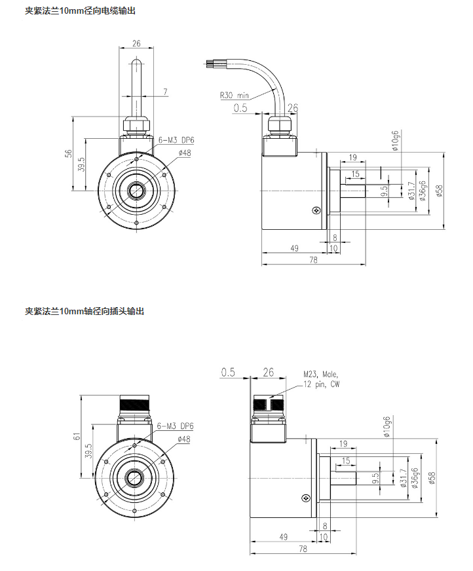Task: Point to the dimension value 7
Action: point(165,91)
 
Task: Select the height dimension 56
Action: point(68,154)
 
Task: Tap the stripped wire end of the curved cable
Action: point(211,64)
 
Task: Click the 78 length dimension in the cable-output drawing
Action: point(313,260)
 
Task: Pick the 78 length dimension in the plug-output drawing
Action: point(303,549)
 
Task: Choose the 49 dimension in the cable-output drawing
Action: point(294,248)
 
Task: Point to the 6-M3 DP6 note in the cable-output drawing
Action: point(175,139)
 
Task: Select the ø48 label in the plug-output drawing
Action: point(184,439)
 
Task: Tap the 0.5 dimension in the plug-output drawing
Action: point(228,372)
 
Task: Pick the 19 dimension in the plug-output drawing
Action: point(344,444)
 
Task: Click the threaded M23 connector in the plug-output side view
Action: point(268,404)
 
